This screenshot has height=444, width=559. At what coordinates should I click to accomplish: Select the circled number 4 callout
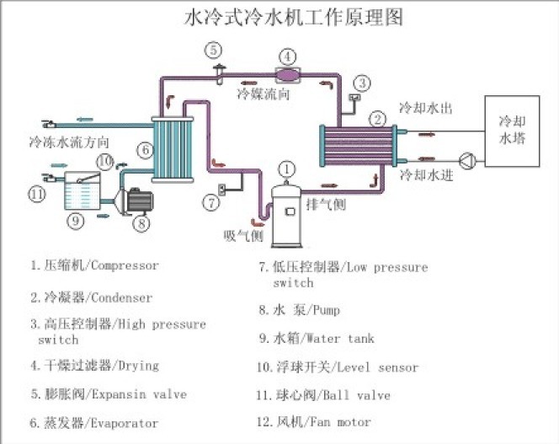pos(288,57)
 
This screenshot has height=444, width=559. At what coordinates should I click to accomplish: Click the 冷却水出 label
pos(426,110)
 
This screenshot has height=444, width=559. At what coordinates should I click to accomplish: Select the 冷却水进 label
pos(426,174)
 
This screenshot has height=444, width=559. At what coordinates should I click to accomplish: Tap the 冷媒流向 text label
pos(264,94)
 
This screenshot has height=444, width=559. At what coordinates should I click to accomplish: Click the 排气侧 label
pos(326,204)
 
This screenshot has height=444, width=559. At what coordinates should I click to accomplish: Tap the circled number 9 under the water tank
pos(76,221)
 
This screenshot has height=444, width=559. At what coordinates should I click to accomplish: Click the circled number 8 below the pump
pos(141,224)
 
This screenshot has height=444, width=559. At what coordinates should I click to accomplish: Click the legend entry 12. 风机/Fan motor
pos(314,421)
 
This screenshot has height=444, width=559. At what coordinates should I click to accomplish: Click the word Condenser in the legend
pos(121,297)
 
